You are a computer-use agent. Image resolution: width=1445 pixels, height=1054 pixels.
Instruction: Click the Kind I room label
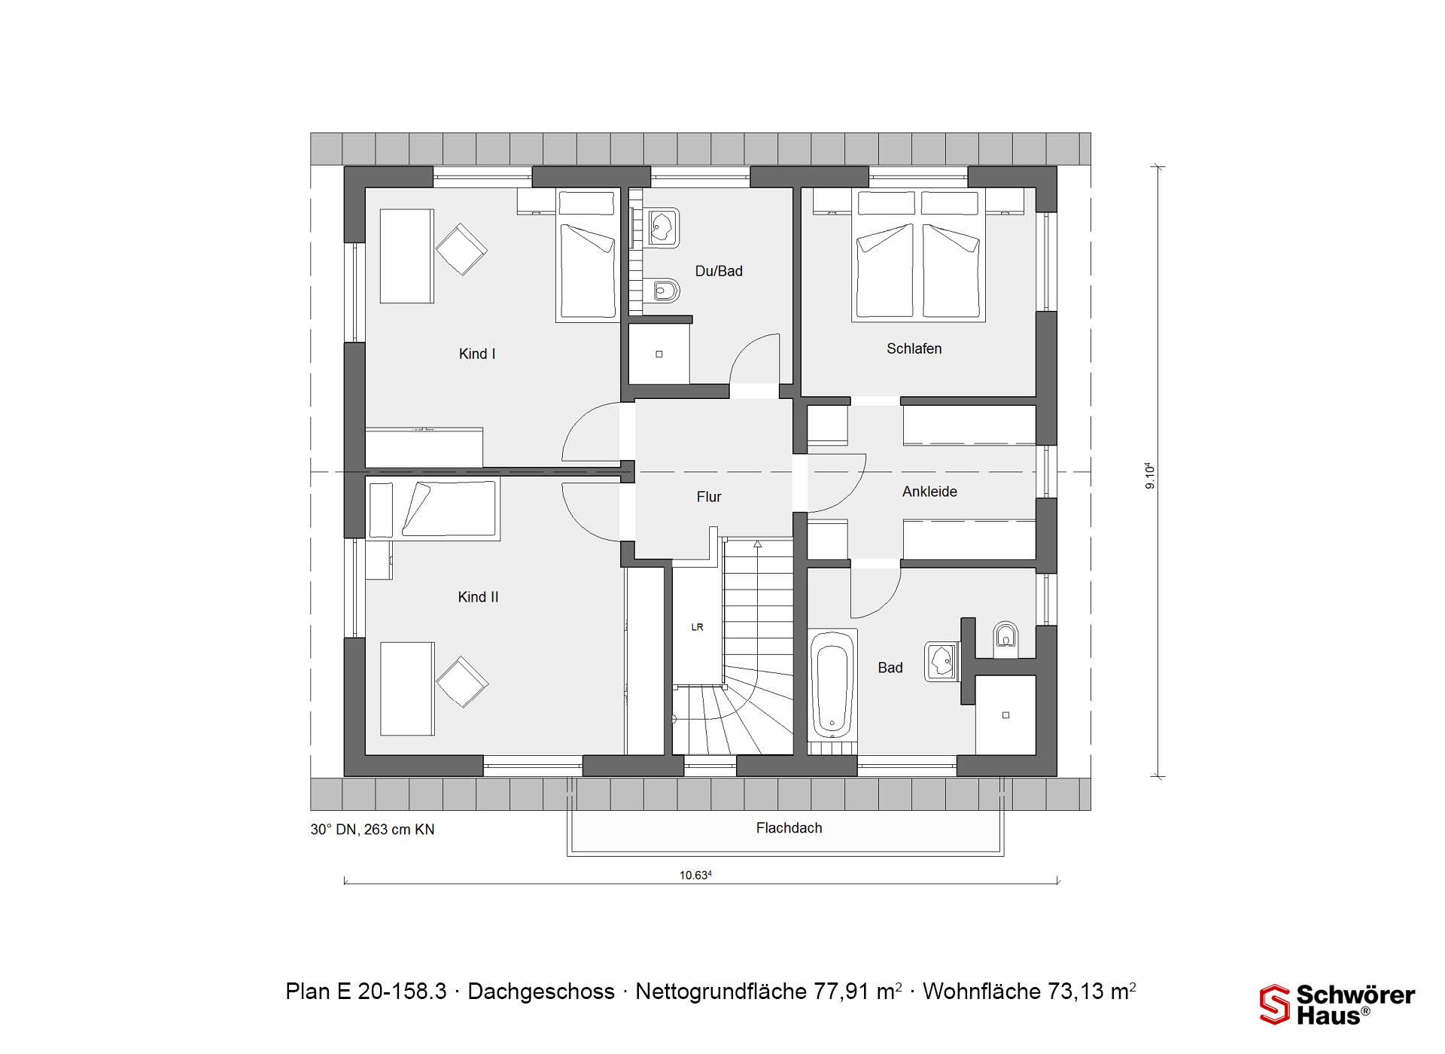(x=477, y=354)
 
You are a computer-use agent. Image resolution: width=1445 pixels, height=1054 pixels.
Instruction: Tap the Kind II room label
(x=478, y=597)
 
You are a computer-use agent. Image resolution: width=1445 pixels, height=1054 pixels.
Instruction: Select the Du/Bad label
(x=719, y=271)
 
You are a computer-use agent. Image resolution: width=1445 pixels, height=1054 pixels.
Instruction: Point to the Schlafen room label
(x=914, y=349)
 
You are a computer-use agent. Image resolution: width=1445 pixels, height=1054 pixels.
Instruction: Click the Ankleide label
(x=929, y=492)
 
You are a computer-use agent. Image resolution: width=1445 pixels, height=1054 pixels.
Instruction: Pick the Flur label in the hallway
(x=709, y=497)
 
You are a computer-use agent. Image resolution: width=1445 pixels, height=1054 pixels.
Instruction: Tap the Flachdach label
(x=789, y=828)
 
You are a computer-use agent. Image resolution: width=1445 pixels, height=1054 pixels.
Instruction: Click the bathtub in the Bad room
(x=832, y=684)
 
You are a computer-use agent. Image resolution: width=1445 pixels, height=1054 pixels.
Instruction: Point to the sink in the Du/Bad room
(x=662, y=227)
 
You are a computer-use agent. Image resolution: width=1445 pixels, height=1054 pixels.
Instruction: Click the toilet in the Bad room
(x=1005, y=637)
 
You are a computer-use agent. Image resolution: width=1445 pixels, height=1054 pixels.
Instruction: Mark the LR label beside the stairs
(x=697, y=627)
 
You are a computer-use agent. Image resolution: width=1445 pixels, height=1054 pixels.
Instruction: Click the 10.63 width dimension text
(x=695, y=875)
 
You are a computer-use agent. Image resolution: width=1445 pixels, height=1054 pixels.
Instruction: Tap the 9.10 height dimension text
(x=1150, y=476)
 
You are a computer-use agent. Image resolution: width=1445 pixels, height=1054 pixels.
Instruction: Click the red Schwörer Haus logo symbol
(x=1275, y=1004)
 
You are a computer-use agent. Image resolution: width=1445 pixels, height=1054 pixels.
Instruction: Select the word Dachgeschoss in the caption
(x=541, y=992)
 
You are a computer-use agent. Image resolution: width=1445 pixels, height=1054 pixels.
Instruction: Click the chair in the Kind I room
(x=461, y=249)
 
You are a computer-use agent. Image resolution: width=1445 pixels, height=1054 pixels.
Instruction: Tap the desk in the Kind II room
(x=407, y=689)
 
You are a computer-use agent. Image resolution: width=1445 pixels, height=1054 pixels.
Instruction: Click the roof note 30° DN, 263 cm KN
(x=373, y=830)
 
